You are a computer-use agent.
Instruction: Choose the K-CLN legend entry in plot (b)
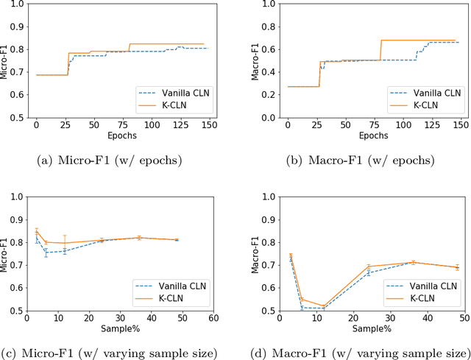click(416, 105)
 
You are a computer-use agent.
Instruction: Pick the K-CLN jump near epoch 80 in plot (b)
click(381, 50)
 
